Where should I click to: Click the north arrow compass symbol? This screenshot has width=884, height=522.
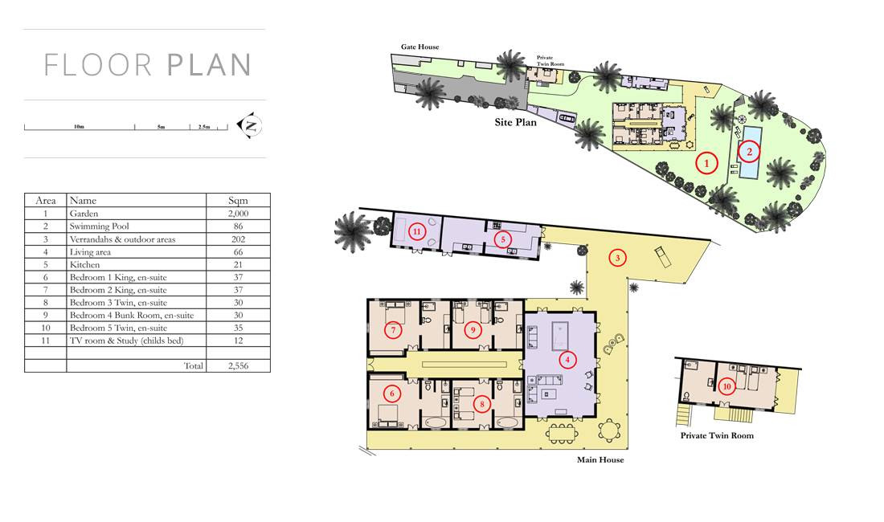(250, 125)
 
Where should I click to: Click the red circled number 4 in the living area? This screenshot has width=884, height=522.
(567, 360)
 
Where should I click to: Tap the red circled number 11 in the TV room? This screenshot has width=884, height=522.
(416, 231)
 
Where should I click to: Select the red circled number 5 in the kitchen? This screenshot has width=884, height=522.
(503, 239)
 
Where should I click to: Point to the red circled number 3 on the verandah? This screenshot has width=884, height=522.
(617, 258)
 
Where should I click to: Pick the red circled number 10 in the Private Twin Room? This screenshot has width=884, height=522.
(726, 386)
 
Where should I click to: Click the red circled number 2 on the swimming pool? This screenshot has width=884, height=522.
(749, 152)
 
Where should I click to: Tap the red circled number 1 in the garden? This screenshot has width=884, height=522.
(706, 163)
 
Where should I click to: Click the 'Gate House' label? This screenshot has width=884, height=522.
(420, 47)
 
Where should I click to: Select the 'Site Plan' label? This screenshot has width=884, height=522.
(515, 122)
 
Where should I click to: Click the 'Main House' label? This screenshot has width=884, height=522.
(600, 459)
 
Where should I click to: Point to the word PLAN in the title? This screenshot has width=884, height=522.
(209, 65)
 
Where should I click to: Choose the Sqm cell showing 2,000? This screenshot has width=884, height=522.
(238, 214)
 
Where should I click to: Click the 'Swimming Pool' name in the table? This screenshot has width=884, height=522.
(99, 226)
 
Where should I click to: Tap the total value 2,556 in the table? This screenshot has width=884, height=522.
(238, 365)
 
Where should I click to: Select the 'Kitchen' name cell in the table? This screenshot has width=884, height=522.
(84, 265)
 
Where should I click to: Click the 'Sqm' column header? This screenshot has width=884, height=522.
(238, 201)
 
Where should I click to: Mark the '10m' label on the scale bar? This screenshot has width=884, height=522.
(79, 126)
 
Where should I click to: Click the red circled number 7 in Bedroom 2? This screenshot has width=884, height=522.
(393, 329)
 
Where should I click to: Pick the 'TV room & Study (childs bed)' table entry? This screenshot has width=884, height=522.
(127, 341)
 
